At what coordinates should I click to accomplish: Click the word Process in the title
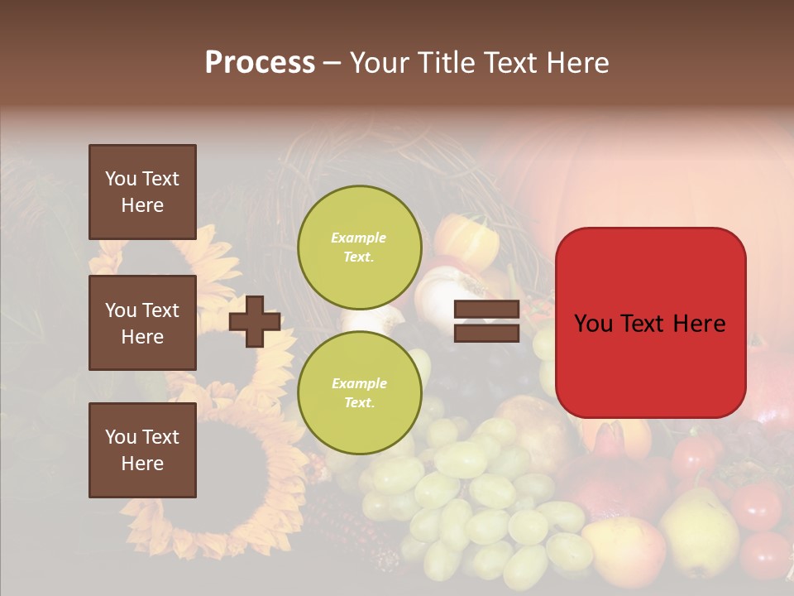(260, 62)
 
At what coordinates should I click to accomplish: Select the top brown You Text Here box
(142, 192)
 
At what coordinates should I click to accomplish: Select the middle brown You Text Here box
(142, 323)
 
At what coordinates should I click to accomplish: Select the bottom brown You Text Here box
(142, 449)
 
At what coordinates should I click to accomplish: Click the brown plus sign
(255, 320)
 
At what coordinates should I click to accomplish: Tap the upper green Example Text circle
(359, 248)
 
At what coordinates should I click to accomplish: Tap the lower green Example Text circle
(359, 392)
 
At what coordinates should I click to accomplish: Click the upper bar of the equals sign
(486, 310)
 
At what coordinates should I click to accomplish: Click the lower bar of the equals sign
(486, 333)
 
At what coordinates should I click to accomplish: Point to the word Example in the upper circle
(359, 238)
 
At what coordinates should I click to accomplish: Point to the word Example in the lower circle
(359, 383)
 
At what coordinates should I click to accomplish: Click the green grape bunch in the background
(480, 497)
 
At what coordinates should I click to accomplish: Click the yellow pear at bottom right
(699, 530)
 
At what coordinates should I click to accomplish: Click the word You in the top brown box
(120, 179)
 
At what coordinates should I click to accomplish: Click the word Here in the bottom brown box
(142, 464)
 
